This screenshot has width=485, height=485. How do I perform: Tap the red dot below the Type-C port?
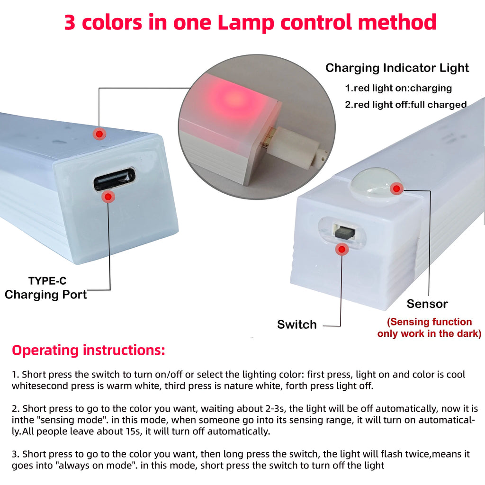click(109, 196)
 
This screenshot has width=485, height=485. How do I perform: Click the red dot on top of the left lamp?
click(99, 134)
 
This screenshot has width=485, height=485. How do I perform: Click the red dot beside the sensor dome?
click(396, 189)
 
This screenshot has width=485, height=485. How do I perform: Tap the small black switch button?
click(344, 232)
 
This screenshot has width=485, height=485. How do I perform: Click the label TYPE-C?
click(47, 281)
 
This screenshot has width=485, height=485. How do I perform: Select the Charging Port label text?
click(46, 295)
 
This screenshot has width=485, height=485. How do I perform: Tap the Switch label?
click(297, 324)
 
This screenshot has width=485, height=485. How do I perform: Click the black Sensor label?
click(427, 304)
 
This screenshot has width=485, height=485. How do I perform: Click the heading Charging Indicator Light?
click(397, 68)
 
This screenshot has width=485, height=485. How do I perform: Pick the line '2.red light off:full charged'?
click(405, 105)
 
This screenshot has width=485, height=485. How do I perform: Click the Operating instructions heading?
click(89, 350)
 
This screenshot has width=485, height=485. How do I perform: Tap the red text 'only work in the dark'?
click(429, 334)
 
